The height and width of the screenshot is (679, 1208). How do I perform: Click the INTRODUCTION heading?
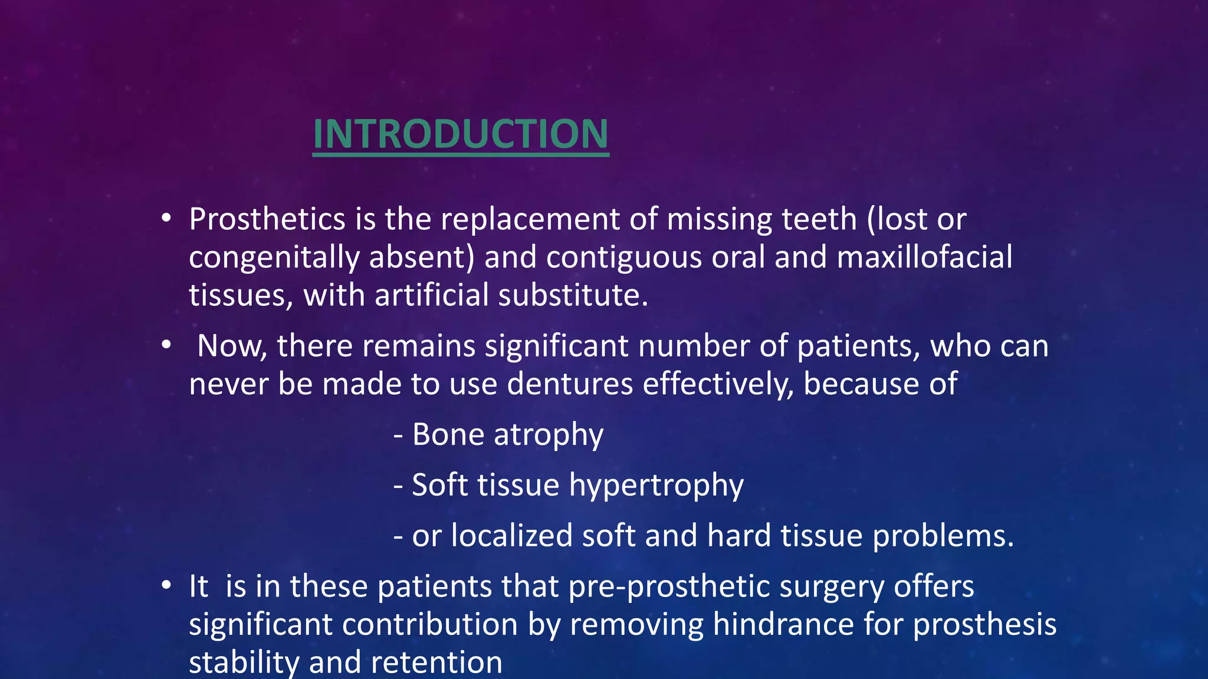point(460,134)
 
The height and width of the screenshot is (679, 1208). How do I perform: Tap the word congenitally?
point(274,258)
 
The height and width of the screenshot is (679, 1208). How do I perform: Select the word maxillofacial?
point(924,258)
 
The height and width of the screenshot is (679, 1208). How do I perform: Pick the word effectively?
point(717,384)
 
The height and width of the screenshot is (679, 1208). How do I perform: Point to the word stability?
point(244,662)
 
